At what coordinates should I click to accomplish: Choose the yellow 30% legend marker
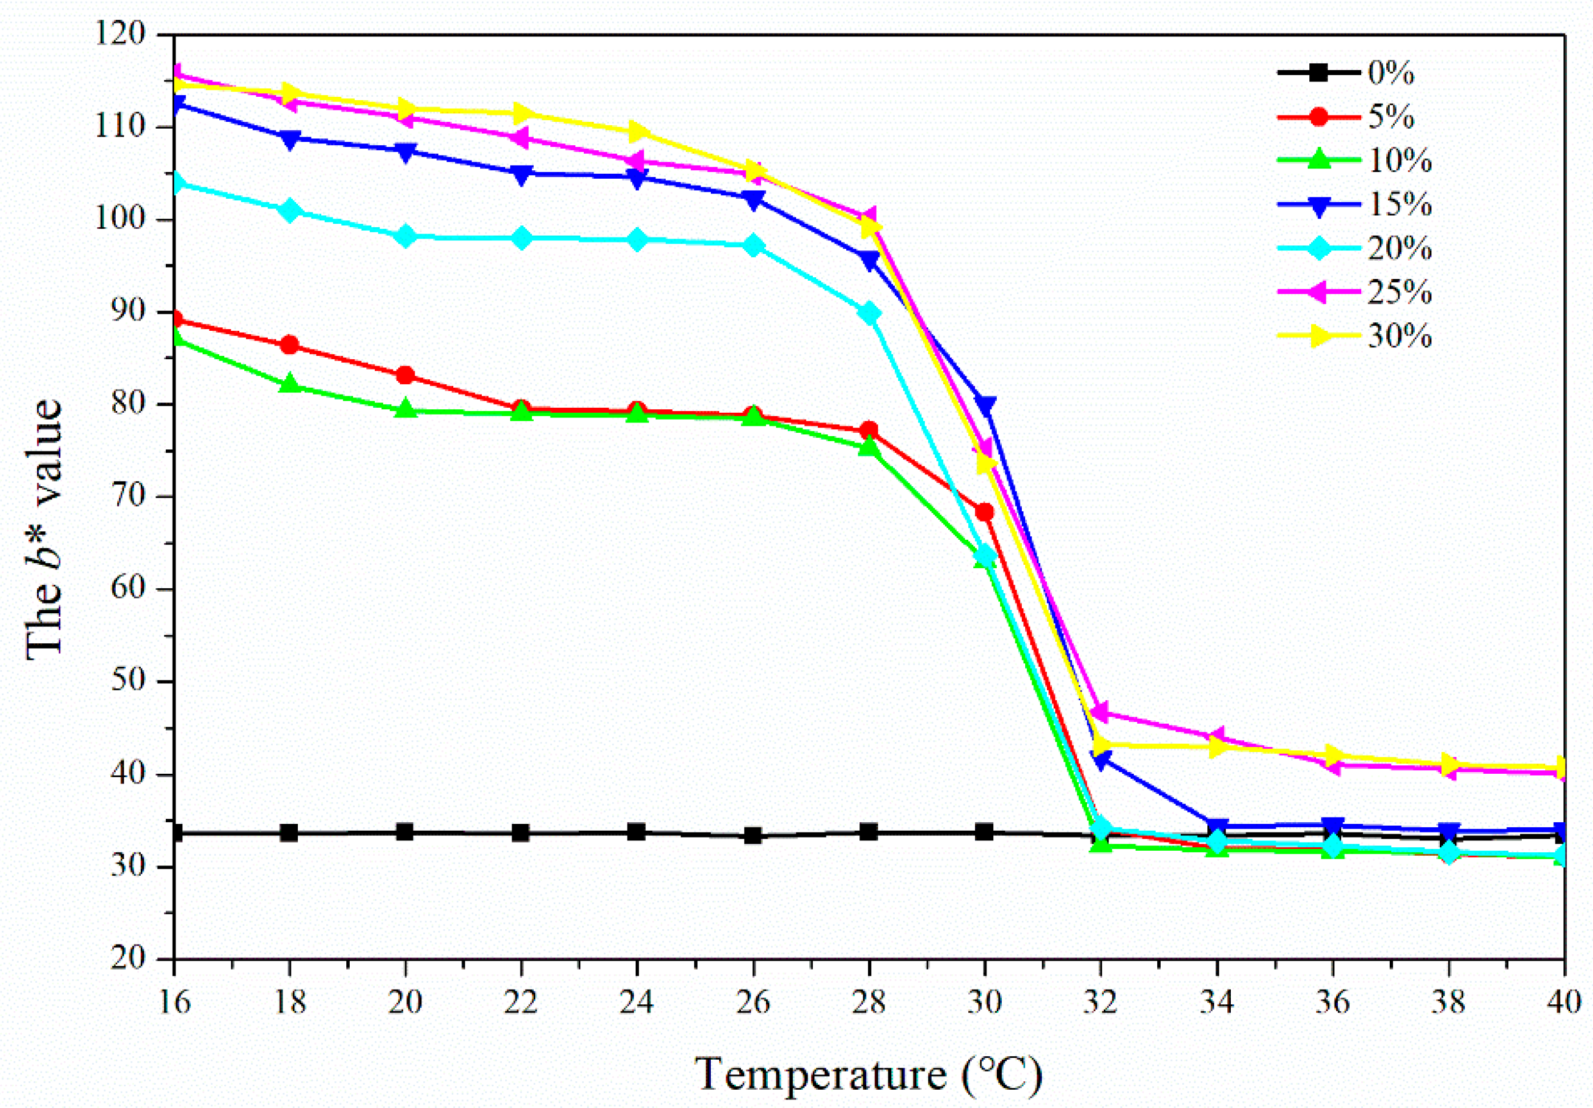coord(1320,336)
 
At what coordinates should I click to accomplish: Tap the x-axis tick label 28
coord(869,1002)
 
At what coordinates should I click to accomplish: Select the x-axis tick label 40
coord(1564,1002)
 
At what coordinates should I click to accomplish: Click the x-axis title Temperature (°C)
coord(869,1074)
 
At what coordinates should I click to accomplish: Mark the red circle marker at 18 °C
coord(290,346)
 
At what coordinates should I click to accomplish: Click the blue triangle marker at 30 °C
coord(985,404)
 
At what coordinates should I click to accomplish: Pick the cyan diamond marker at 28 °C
coord(869,314)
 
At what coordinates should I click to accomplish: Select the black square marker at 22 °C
coord(521,832)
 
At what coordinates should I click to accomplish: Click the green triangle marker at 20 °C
coord(406,409)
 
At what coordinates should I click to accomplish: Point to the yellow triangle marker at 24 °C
coord(638,132)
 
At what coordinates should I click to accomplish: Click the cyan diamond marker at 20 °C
coord(406,236)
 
